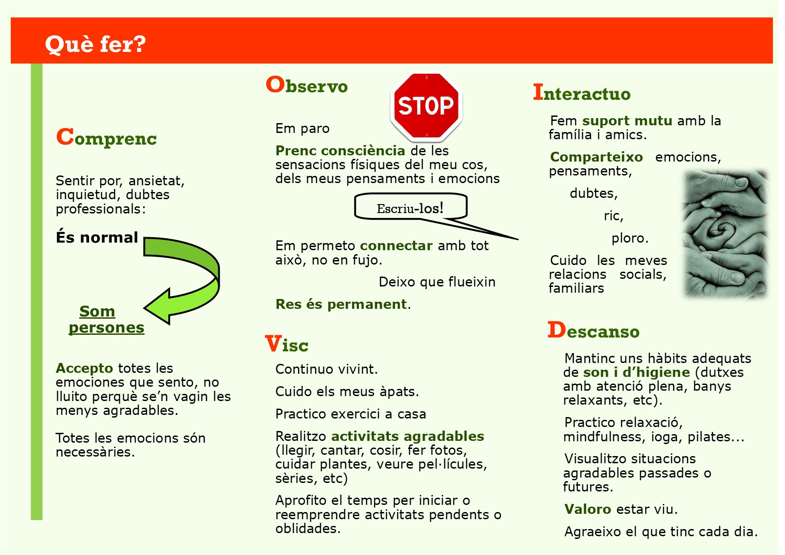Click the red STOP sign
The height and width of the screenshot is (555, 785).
[426, 107]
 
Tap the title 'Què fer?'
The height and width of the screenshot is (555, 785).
[95, 44]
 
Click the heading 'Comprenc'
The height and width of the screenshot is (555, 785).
[107, 137]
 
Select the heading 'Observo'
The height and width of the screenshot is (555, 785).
[307, 85]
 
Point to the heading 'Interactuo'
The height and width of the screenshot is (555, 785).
[581, 93]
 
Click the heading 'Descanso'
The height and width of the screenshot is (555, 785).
[593, 330]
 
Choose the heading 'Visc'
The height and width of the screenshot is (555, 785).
[286, 344]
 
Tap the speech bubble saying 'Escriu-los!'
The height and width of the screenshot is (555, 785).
[410, 207]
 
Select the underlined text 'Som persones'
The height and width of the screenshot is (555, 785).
[107, 319]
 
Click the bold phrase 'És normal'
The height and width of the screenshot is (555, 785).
[97, 237]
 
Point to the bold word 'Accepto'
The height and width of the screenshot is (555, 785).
[84, 368]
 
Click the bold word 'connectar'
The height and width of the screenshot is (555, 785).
[396, 246]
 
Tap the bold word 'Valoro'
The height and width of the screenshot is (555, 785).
[588, 509]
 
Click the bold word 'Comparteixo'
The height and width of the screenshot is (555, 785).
[597, 157]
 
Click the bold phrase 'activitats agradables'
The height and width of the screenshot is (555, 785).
[408, 436]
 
